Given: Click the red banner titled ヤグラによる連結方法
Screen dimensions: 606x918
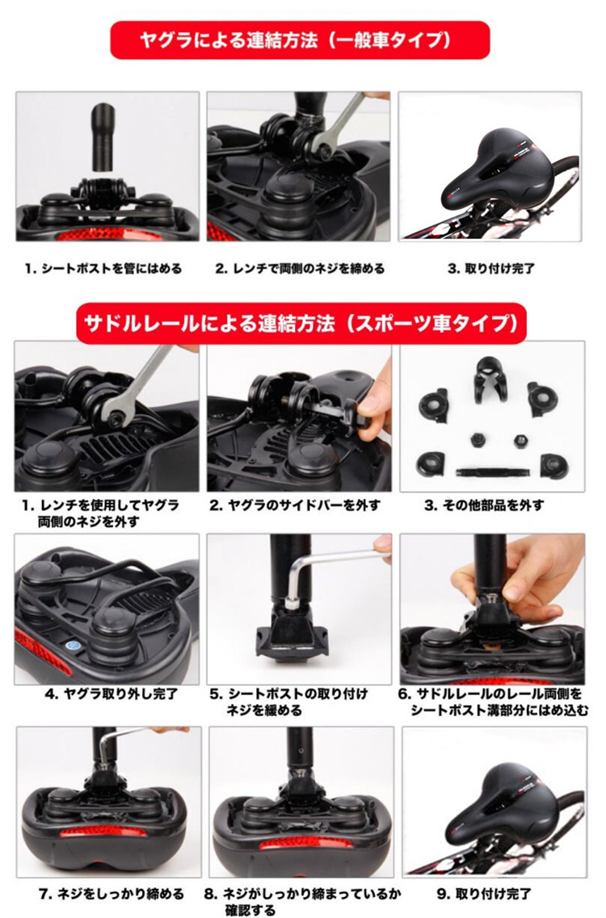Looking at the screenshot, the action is (300, 40).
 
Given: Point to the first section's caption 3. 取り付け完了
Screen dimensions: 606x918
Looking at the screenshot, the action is (491, 269).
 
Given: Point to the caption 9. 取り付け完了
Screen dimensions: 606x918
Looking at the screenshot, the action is (484, 894).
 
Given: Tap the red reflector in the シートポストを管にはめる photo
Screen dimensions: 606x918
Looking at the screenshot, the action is (107, 235).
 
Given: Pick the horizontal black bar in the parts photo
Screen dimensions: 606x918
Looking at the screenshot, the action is (493, 470).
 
